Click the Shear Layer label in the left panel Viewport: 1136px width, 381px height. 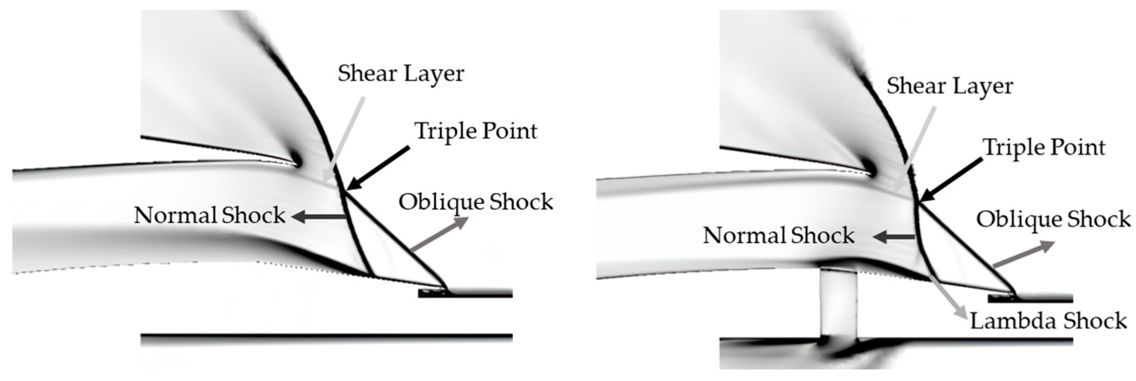(400, 74)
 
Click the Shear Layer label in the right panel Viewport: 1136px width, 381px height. (950, 86)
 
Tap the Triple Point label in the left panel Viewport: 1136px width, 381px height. (476, 131)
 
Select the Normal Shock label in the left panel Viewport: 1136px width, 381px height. (210, 216)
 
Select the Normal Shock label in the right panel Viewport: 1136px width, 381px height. (778, 236)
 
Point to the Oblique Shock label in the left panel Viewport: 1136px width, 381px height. (475, 202)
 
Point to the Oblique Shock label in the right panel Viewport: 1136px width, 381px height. (1053, 219)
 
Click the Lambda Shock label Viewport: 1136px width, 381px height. (1048, 321)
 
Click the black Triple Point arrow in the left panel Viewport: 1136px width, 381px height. (379, 168)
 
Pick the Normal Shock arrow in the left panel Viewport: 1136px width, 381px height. (318, 216)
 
